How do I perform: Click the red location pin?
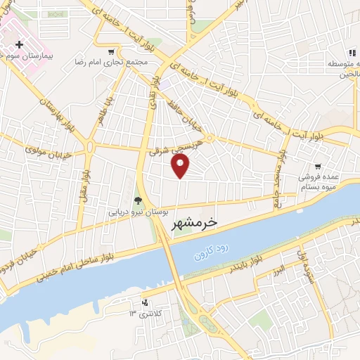click(x=181, y=165)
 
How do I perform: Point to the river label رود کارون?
click(x=212, y=247)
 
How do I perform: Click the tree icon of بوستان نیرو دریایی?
click(x=137, y=200)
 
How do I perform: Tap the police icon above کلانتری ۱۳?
click(x=145, y=302)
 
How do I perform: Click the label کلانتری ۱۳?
click(x=147, y=312)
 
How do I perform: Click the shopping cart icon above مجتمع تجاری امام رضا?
click(x=111, y=52)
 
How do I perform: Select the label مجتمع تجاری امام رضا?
click(x=111, y=62)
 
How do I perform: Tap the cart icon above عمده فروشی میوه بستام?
click(x=319, y=167)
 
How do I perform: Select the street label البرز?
click(x=281, y=270)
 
